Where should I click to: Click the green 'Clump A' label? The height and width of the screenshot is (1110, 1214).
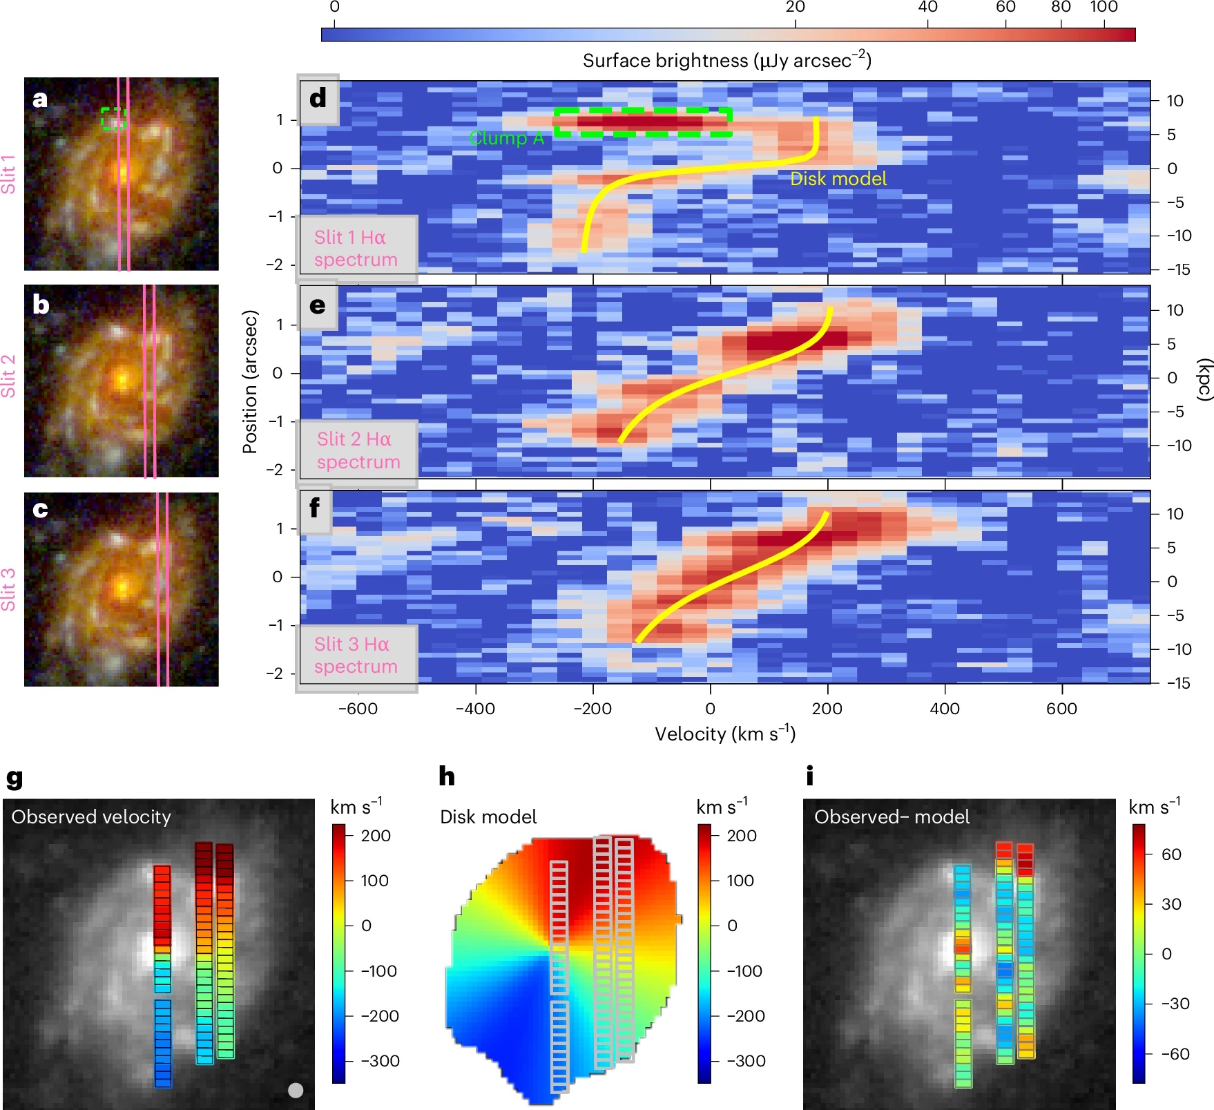506,138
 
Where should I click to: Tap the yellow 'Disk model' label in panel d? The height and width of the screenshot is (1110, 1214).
838,179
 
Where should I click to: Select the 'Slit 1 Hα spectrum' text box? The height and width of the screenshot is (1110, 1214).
356,249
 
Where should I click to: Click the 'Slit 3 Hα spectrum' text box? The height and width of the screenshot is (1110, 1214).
356,655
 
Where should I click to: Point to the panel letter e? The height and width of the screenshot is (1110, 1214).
317,305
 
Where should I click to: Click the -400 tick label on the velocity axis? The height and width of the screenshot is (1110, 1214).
475,709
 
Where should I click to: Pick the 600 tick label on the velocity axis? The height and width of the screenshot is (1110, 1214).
1061,709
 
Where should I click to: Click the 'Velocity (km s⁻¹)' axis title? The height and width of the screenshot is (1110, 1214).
725,734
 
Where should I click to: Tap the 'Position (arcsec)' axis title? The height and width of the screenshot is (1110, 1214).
250,381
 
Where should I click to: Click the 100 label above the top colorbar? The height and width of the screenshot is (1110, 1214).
1104,8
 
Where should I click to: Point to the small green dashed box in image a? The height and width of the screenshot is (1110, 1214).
113,118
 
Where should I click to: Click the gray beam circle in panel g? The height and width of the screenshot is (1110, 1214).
296,1090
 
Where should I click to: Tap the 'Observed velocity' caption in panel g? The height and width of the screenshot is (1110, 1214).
91,817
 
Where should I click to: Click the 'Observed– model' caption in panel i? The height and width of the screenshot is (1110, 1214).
892,817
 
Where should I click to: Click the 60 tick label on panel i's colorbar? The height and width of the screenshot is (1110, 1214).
1170,854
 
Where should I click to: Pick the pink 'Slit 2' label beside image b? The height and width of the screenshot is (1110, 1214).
8,376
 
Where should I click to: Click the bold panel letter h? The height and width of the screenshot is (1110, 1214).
447,776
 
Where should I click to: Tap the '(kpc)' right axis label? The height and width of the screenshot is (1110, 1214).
1204,379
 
